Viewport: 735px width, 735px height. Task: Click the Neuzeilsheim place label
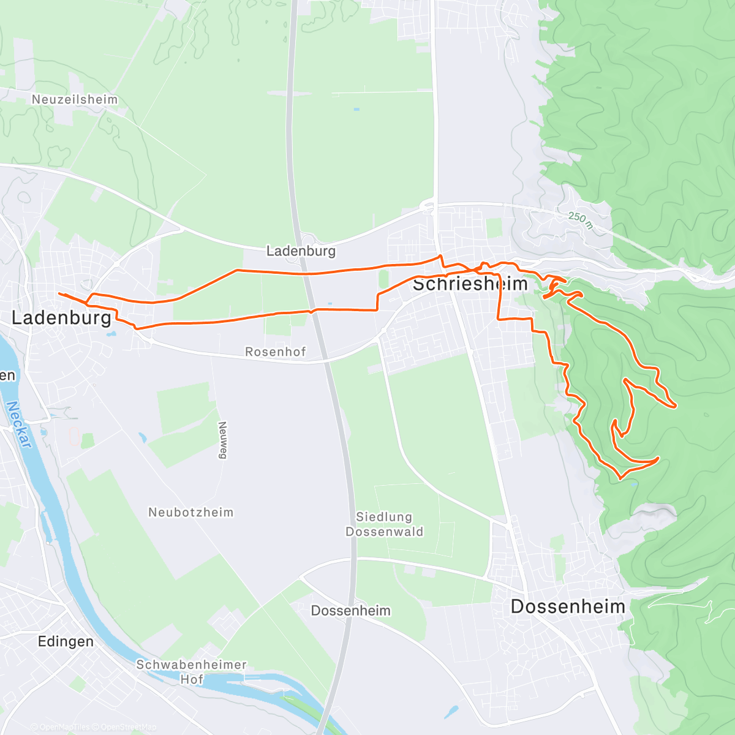pos(74,99)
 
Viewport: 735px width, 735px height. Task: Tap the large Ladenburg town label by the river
pos(62,317)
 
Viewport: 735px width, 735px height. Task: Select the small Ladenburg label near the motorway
pos(301,251)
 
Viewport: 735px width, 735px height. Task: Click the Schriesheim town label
pos(470,284)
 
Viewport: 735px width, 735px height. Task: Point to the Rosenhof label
pos(275,352)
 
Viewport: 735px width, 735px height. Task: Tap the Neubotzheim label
pos(190,512)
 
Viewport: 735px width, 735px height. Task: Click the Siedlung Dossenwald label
pos(384,524)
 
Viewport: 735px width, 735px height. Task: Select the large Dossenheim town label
pos(568,606)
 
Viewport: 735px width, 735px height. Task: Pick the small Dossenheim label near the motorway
pos(350,611)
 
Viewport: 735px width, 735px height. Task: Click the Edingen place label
pos(66,641)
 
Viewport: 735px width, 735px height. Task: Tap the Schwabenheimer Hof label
pos(191,672)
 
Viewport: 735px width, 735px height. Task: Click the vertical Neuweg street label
pos(222,440)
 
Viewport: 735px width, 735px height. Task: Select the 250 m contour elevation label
pos(580,219)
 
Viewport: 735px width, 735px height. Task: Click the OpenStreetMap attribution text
pos(129,727)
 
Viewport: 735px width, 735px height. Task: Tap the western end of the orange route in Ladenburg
pos(59,294)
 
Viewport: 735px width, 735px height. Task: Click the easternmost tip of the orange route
pos(675,406)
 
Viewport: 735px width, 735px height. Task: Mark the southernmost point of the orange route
pos(621,478)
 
